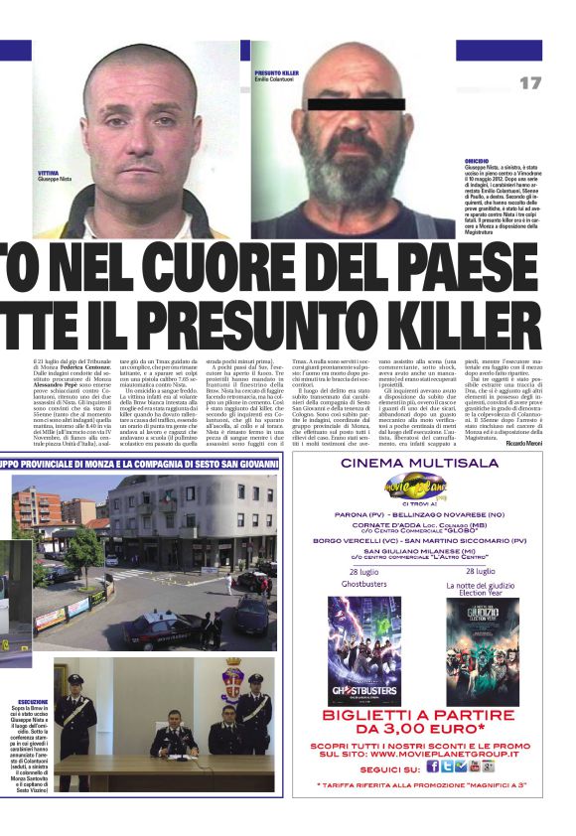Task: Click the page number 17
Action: pyautogui.click(x=529, y=82)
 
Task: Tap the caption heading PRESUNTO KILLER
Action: pyautogui.click(x=277, y=73)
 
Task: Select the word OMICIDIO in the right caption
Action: pyautogui.click(x=478, y=160)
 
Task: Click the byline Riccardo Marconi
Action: pyautogui.click(x=522, y=442)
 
